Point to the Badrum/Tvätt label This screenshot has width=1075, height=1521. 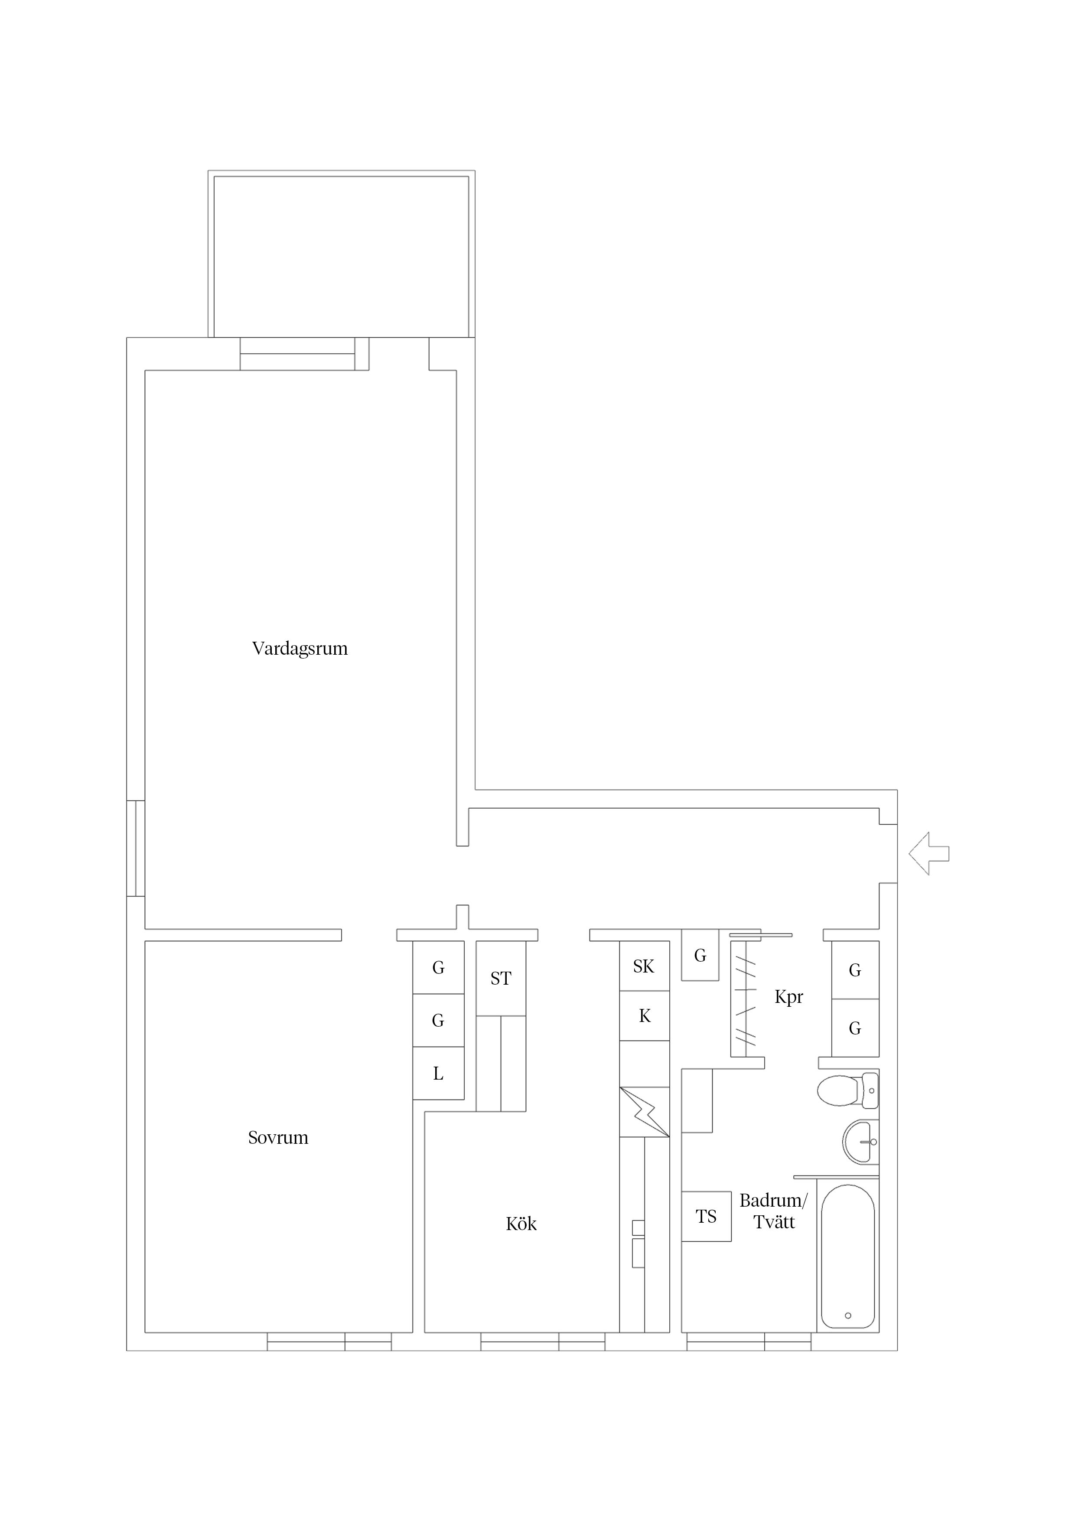click(774, 1211)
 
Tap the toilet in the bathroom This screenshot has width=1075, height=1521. click(847, 1090)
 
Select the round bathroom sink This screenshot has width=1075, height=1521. click(860, 1142)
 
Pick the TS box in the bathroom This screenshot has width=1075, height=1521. click(706, 1216)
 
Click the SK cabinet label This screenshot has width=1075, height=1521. click(644, 966)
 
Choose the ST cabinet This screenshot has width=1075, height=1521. click(501, 979)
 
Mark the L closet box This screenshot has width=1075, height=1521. click(438, 1074)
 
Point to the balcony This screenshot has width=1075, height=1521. click(341, 256)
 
